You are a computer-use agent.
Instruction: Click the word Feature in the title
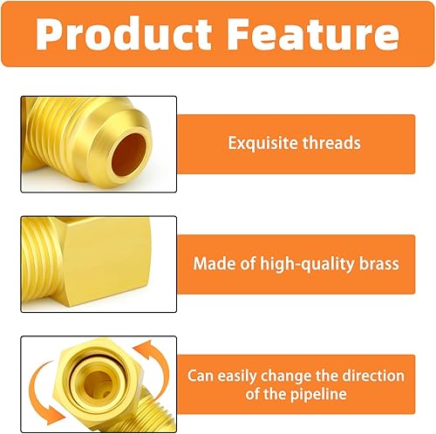point(309,34)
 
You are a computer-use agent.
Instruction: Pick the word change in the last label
point(300,376)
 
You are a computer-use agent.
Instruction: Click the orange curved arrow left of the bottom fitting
point(39,388)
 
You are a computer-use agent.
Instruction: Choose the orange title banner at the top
point(217,34)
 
